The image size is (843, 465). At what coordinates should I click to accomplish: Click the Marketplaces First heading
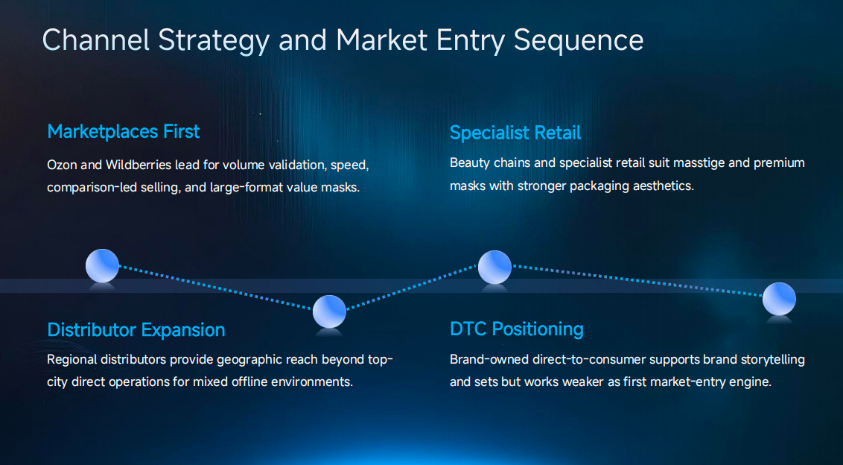(123, 132)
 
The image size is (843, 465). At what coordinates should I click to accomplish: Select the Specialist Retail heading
(515, 133)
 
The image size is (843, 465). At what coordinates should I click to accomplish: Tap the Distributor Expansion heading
(136, 329)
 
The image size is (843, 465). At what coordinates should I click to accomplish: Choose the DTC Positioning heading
(516, 329)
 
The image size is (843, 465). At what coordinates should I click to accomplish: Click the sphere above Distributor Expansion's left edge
(102, 265)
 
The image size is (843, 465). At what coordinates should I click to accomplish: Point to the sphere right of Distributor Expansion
(329, 311)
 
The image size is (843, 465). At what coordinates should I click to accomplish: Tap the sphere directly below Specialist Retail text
(494, 267)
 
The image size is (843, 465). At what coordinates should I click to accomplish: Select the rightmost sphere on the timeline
(779, 299)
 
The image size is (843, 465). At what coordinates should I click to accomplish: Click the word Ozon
(62, 165)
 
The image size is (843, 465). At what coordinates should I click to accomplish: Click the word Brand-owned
(488, 359)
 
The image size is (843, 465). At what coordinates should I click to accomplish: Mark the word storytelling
(769, 359)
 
